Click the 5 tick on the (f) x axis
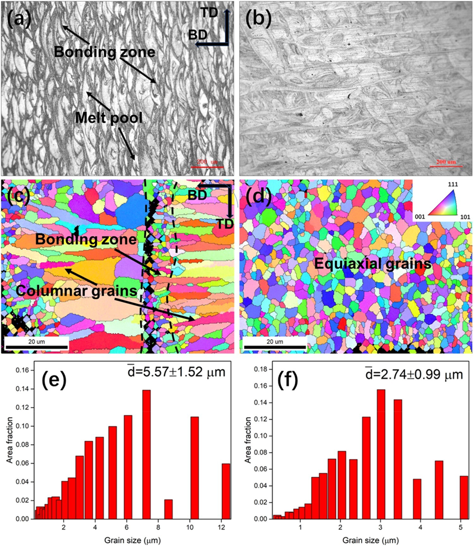(461, 524)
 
